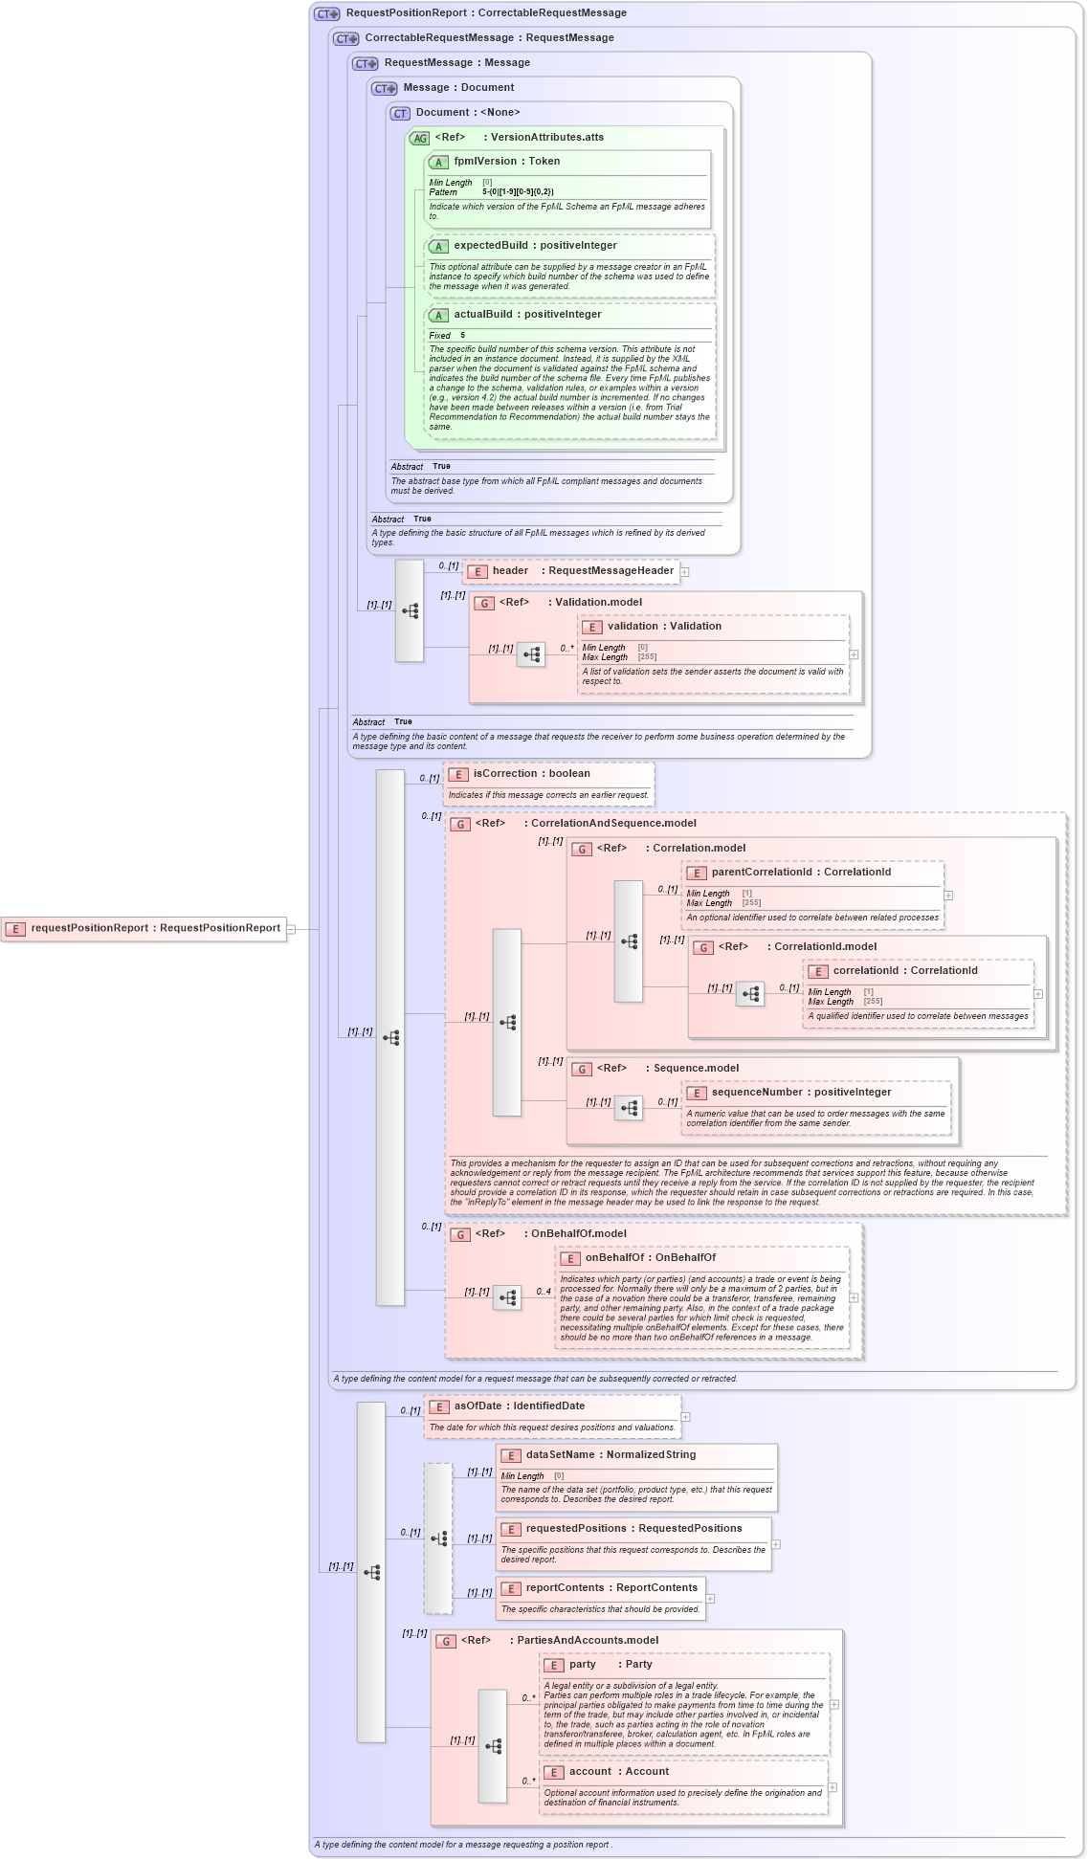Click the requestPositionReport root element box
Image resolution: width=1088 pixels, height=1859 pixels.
pos(144,928)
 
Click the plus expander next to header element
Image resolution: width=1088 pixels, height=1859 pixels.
pos(685,572)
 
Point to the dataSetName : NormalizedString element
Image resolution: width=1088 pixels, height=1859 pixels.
pos(610,1455)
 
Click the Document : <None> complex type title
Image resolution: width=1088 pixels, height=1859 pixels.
pos(467,113)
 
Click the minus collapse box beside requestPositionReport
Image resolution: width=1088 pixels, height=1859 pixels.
pos(292,929)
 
